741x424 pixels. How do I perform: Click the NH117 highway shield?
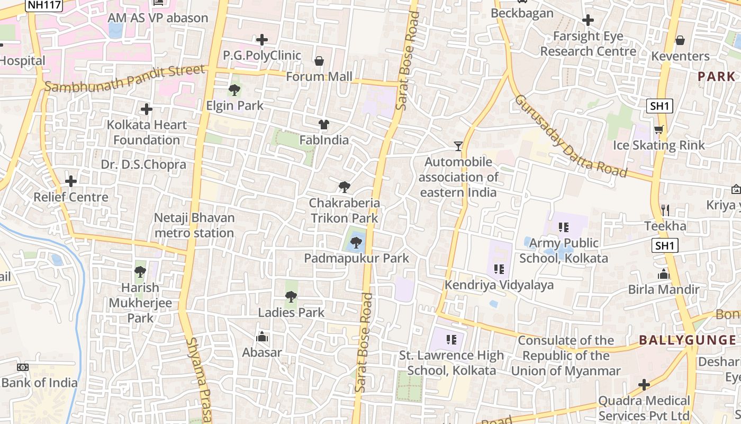[44, 5]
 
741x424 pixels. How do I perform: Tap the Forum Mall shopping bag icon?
[319, 61]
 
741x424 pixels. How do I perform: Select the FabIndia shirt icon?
[324, 125]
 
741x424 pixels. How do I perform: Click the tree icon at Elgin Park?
[234, 90]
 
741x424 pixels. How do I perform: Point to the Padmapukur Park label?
[357, 258]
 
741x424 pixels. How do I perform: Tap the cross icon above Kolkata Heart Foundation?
[147, 110]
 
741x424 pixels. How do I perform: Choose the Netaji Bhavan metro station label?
[194, 225]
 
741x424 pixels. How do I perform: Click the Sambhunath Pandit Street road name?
[124, 78]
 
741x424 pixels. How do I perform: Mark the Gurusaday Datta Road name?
[571, 137]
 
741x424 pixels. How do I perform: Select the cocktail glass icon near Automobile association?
[458, 146]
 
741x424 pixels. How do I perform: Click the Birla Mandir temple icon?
[664, 274]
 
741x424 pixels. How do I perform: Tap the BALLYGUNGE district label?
[687, 340]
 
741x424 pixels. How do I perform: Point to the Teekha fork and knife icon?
[665, 210]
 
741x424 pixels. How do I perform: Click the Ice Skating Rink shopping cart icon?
[659, 129]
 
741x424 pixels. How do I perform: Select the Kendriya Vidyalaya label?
[499, 285]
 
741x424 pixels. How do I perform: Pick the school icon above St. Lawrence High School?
[451, 339]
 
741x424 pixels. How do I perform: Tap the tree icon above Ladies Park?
[291, 297]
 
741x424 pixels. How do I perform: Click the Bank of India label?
[40, 383]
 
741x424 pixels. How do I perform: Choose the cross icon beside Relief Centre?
[71, 181]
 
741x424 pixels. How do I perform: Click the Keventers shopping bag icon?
[680, 40]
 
